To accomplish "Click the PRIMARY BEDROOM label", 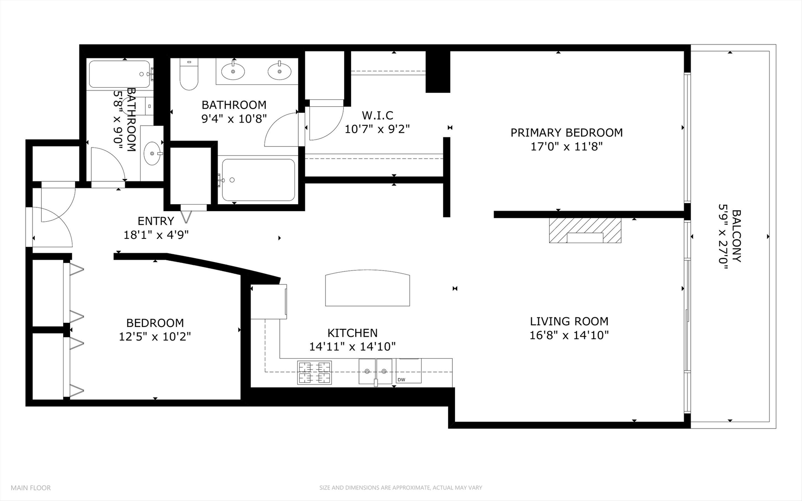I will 566,133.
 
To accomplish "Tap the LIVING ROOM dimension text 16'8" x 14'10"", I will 569,335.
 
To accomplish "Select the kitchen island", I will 367,289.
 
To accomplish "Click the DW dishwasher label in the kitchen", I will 401,380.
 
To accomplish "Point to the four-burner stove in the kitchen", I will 314,373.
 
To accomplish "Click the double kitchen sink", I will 375,371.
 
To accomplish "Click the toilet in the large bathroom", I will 189,75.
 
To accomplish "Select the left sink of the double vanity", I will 233,71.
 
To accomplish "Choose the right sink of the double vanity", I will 280,71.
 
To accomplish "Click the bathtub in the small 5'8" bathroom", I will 120,74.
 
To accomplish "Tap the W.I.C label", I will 377,116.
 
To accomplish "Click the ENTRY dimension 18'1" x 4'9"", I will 156,235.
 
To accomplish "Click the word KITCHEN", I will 353,333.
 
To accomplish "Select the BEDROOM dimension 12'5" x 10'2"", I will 155,336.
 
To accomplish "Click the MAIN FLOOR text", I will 31,488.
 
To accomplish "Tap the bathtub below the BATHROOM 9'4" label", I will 258,180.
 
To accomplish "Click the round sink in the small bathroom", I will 153,153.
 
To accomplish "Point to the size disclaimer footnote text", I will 400,488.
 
